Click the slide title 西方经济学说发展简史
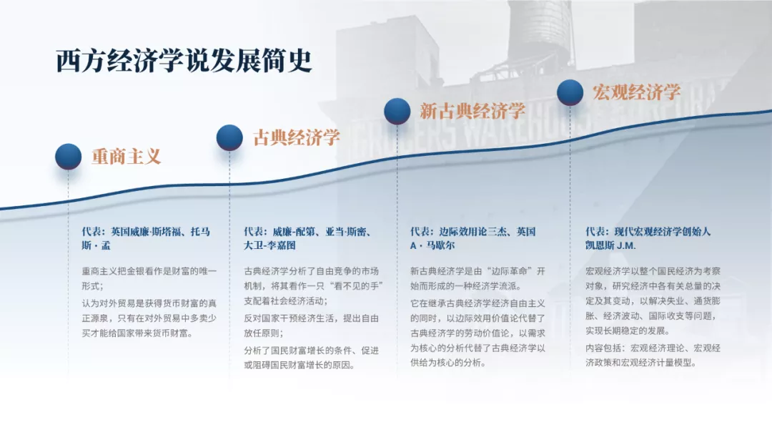click(x=184, y=61)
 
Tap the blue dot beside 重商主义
click(x=69, y=157)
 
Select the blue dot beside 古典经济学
click(x=229, y=137)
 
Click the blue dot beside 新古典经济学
click(x=397, y=112)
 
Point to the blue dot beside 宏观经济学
click(x=570, y=92)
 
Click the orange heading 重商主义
click(x=126, y=157)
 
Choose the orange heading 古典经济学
click(x=297, y=137)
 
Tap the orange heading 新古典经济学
click(x=472, y=111)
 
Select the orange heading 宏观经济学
click(x=636, y=92)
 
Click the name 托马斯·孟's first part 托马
click(x=200, y=232)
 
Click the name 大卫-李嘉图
click(x=269, y=245)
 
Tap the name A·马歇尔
click(x=432, y=245)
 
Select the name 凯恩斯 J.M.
click(x=610, y=245)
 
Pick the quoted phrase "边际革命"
click(x=507, y=271)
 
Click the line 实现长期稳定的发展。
click(x=628, y=331)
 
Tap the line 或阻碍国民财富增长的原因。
click(x=300, y=365)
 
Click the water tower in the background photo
click(x=540, y=29)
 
